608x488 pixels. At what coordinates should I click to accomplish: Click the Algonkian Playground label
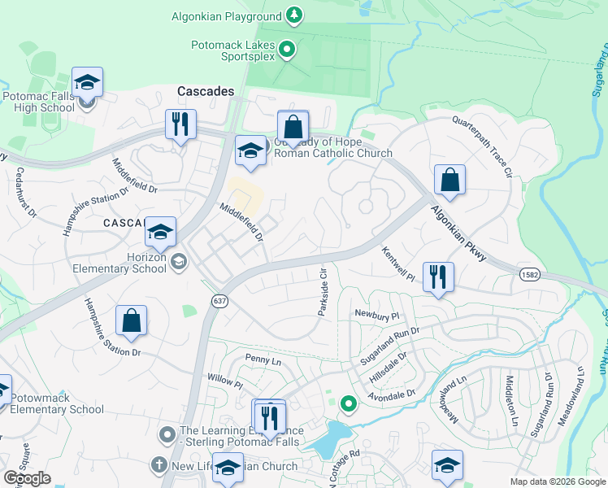(226, 16)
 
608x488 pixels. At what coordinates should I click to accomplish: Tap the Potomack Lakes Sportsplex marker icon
(286, 50)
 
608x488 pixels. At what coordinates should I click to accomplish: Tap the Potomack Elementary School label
(58, 403)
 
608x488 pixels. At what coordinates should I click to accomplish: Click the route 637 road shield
(220, 301)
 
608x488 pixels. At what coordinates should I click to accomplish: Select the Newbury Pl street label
(377, 314)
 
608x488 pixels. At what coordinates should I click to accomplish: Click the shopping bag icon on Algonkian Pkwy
(449, 179)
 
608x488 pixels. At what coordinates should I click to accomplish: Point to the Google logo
(27, 478)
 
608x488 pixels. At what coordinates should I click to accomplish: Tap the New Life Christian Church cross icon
(159, 465)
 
